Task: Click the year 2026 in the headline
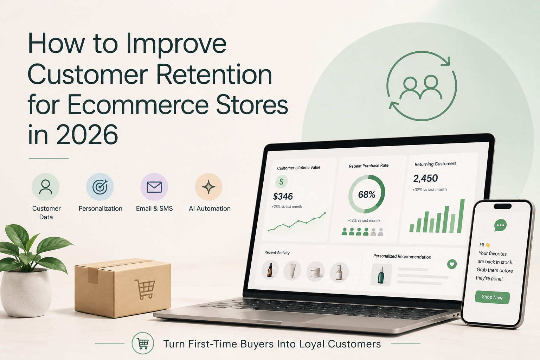pyautogui.click(x=87, y=134)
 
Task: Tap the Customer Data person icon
pyautogui.click(x=46, y=187)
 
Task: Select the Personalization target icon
pyautogui.click(x=100, y=187)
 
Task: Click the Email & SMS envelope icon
pyautogui.click(x=154, y=187)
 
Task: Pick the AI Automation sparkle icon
pyautogui.click(x=208, y=187)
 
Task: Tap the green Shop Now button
pyautogui.click(x=492, y=297)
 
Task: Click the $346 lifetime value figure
pyautogui.click(x=283, y=197)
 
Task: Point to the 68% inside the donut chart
pyautogui.click(x=367, y=194)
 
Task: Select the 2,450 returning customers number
pyautogui.click(x=425, y=179)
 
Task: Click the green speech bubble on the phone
pyautogui.click(x=500, y=225)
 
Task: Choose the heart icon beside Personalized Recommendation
pyautogui.click(x=452, y=264)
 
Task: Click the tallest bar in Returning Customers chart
pyautogui.click(x=461, y=216)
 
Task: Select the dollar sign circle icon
pyautogui.click(x=281, y=181)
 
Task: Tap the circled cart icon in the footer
pyautogui.click(x=143, y=343)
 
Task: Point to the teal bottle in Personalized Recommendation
pyautogui.click(x=381, y=275)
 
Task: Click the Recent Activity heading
pyautogui.click(x=277, y=252)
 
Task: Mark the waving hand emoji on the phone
pyautogui.click(x=488, y=245)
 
